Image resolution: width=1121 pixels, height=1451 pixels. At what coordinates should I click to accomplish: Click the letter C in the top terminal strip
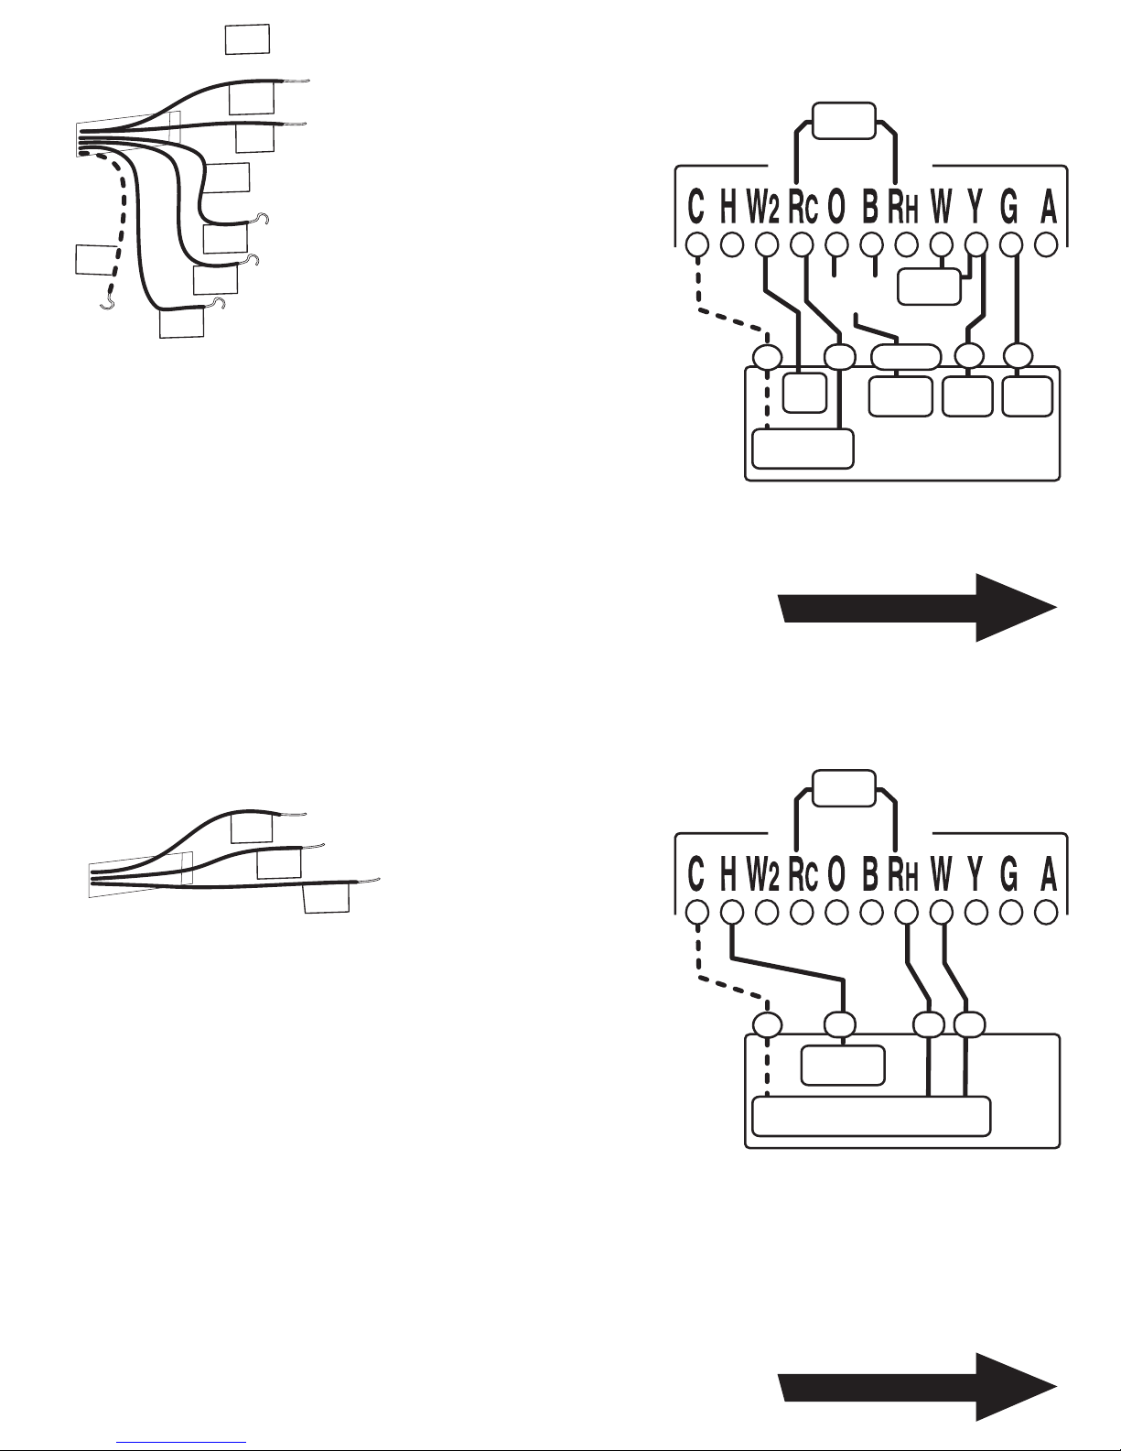pyautogui.click(x=696, y=206)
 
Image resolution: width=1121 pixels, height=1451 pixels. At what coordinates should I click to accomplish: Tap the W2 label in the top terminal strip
pyautogui.click(x=763, y=206)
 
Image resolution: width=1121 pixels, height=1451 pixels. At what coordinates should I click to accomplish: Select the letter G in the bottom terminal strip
pyautogui.click(x=1009, y=874)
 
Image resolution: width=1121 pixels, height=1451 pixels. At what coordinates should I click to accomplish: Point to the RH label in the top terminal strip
pyautogui.click(x=903, y=206)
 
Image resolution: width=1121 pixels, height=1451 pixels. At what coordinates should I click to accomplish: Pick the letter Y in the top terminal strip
pyautogui.click(x=975, y=206)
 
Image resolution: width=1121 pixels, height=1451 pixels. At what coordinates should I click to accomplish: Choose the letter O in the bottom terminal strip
pyautogui.click(x=836, y=874)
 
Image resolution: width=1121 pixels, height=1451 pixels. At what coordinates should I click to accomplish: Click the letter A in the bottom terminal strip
pyautogui.click(x=1049, y=874)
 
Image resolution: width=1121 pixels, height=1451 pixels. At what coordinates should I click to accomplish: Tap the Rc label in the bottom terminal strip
pyautogui.click(x=803, y=874)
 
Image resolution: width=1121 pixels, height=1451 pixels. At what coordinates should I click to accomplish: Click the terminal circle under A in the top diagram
pyautogui.click(x=1046, y=245)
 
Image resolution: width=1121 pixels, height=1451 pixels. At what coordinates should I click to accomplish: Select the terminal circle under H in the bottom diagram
pyautogui.click(x=732, y=912)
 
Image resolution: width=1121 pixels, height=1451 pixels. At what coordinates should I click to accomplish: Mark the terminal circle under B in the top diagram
pyautogui.click(x=871, y=245)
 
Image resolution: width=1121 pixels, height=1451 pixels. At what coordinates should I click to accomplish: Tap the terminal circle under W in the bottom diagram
pyautogui.click(x=941, y=912)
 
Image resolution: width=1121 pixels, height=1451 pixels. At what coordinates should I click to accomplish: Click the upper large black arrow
pyautogui.click(x=918, y=608)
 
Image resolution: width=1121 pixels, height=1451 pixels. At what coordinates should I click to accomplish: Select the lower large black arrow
pyautogui.click(x=918, y=1388)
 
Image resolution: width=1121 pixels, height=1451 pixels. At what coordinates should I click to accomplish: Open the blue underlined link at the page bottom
pyautogui.click(x=181, y=1442)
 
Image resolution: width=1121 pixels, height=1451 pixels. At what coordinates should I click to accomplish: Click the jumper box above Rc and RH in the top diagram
pyautogui.click(x=844, y=121)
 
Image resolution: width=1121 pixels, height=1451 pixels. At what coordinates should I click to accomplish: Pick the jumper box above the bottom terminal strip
pyautogui.click(x=844, y=788)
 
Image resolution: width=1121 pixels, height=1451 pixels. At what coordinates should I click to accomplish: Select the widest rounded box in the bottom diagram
pyautogui.click(x=871, y=1116)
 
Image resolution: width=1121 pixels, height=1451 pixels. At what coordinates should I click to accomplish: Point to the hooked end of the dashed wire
pyautogui.click(x=106, y=305)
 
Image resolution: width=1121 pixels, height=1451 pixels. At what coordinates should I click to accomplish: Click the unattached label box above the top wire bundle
pyautogui.click(x=248, y=39)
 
